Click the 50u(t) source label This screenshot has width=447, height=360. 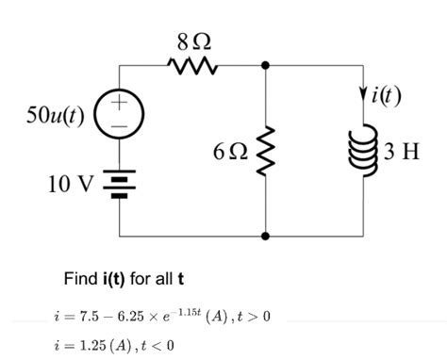56,115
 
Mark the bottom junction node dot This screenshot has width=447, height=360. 266,235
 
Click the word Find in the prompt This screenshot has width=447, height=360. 79,278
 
